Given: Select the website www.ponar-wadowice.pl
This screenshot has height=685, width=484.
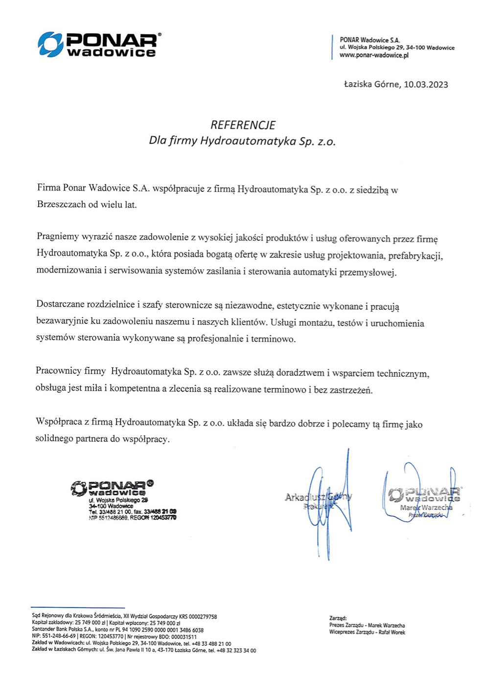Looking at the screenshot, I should pyautogui.click(x=374, y=55).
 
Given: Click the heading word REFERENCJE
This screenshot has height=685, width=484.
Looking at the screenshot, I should pyautogui.click(x=243, y=125).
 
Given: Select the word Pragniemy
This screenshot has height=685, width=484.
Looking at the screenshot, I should pyautogui.click(x=58, y=237).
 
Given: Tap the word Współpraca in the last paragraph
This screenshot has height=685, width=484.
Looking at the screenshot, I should pyautogui.click(x=59, y=422).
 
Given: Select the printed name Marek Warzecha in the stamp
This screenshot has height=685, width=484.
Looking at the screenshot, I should pyautogui.click(x=426, y=508).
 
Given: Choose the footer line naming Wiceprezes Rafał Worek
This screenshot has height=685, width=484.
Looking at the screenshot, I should pyautogui.click(x=367, y=632).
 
